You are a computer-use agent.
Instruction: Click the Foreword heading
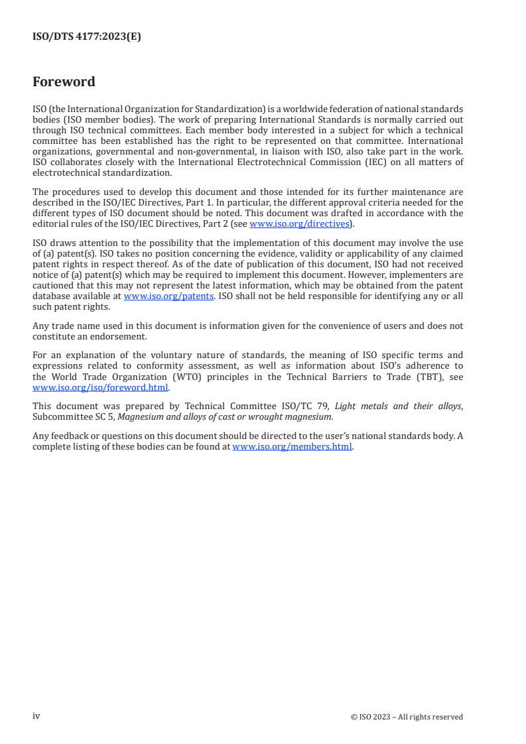[64, 82]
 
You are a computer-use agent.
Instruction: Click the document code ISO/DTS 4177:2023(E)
[87, 37]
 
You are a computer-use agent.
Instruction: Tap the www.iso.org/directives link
[298, 224]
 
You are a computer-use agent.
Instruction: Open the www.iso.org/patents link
[168, 296]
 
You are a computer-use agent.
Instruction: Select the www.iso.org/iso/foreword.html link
[101, 388]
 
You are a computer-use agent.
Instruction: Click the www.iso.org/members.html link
[292, 447]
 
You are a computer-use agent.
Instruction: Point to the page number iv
[36, 716]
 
